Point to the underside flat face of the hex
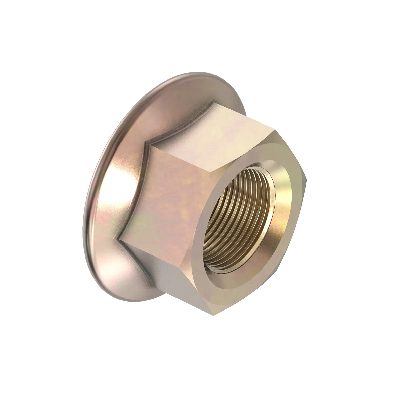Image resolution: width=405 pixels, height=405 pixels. (x=175, y=280)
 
